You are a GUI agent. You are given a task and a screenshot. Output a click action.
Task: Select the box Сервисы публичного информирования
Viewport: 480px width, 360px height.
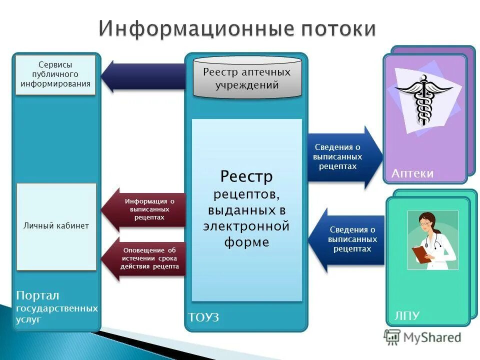55,74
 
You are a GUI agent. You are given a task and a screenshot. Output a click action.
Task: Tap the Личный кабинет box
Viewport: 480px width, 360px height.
56,226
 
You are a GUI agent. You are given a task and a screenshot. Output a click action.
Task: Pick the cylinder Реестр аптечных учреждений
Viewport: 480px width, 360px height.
247,78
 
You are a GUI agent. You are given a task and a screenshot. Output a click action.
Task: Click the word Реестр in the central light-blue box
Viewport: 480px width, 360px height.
246,176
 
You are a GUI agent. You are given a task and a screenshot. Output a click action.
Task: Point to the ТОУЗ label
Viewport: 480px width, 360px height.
203,317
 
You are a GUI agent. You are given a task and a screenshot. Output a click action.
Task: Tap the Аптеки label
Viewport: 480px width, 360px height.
412,173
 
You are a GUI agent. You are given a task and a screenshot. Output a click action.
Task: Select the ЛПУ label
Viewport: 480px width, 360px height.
407,315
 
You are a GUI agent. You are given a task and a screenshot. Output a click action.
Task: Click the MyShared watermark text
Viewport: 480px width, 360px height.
433,337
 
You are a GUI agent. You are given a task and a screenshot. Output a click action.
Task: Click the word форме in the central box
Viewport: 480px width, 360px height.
246,242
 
